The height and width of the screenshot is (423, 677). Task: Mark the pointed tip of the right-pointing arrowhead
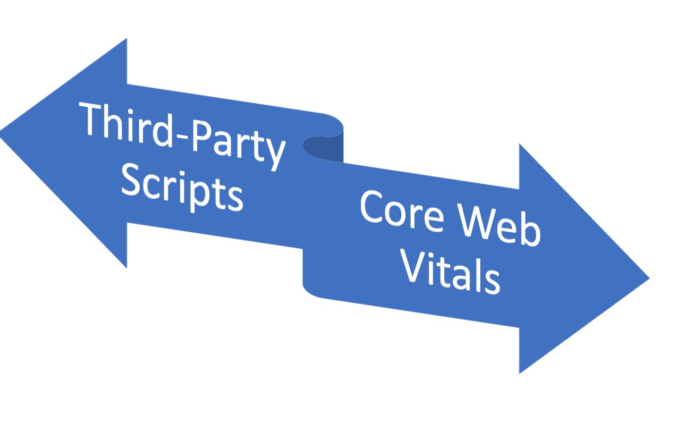[x=648, y=277]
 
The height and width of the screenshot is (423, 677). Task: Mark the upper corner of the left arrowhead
[x=126, y=39]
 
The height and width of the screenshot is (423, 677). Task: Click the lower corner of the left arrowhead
[x=126, y=268]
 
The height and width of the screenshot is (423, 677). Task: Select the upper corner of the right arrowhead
[x=519, y=144]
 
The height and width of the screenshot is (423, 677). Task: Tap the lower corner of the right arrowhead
[x=519, y=373]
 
